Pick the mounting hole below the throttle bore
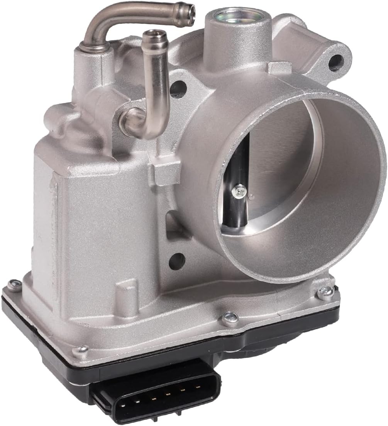177,261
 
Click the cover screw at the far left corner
15,285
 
